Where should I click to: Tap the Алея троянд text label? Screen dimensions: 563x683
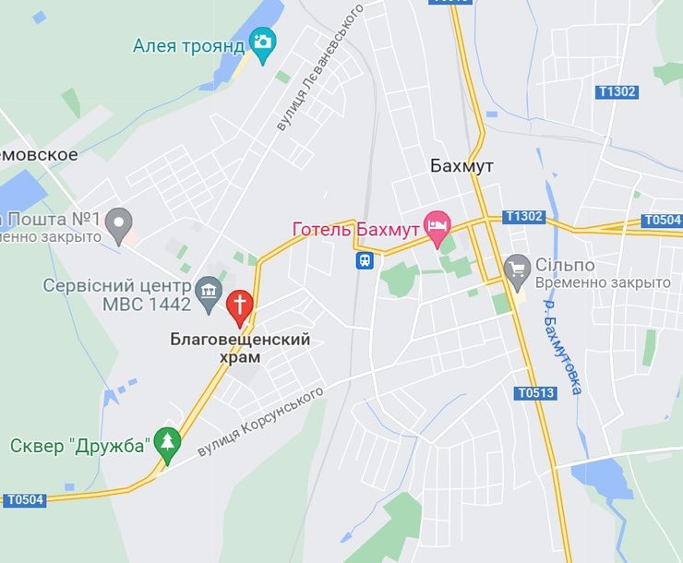click(188, 45)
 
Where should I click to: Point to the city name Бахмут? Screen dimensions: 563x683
click(461, 166)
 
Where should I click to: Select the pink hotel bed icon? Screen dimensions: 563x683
click(436, 225)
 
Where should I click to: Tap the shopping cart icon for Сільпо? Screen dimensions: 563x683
click(517, 269)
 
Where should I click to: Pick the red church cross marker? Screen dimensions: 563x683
click(239, 305)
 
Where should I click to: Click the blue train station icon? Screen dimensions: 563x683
click(365, 260)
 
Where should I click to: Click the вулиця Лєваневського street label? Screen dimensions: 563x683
click(320, 66)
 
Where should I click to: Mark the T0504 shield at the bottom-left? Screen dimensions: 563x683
click(25, 499)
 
